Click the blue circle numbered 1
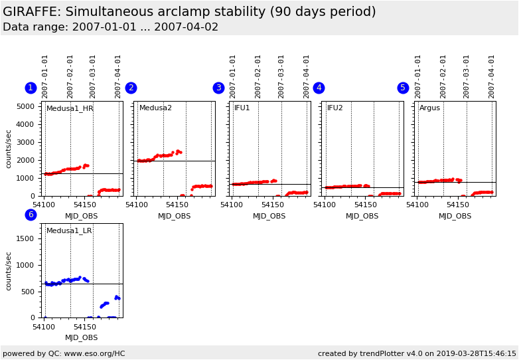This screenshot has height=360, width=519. [31, 88]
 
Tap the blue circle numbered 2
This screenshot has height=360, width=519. [131, 88]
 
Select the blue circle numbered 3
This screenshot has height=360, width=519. [218, 88]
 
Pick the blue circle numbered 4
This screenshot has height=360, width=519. [319, 88]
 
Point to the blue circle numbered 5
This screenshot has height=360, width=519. [403, 88]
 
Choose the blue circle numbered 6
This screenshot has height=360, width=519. [31, 215]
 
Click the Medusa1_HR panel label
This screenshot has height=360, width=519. [70, 108]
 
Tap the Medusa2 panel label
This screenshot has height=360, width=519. [155, 108]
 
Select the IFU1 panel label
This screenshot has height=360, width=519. [242, 108]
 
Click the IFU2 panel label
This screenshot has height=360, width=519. [335, 108]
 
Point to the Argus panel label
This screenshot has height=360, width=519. [429, 108]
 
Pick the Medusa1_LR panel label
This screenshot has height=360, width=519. [69, 231]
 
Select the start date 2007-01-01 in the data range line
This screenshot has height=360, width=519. [95, 27]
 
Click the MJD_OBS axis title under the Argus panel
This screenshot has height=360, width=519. [455, 217]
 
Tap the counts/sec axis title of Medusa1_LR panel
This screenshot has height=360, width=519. [9, 270]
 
